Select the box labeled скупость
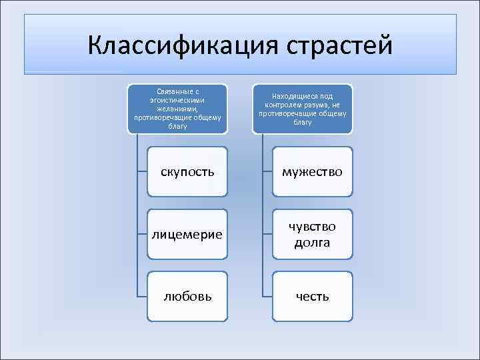[x=187, y=172]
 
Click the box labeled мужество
[x=313, y=172]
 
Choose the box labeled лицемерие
[x=187, y=234]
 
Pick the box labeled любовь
[x=187, y=296]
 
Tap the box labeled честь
[x=313, y=296]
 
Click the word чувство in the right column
[x=313, y=226]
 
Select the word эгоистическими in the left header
[x=177, y=100]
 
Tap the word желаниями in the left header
[x=177, y=108]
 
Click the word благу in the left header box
[x=177, y=124]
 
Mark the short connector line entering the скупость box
[x=141, y=172]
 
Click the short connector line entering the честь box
[x=267, y=296]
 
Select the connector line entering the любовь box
[x=141, y=296]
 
